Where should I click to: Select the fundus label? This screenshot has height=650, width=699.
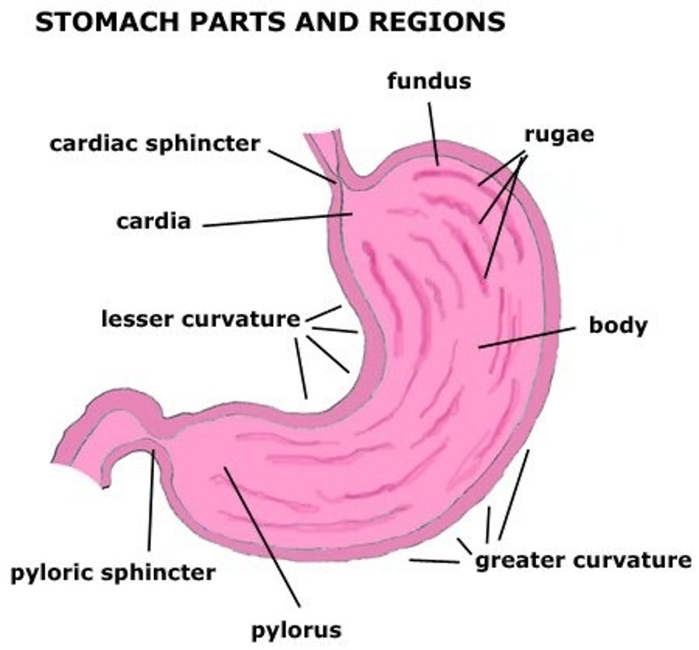click(429, 81)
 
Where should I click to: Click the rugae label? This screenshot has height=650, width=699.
click(558, 134)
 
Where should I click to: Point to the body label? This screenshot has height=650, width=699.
click(618, 326)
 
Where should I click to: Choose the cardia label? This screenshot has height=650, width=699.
click(154, 221)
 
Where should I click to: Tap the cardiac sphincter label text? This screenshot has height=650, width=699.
click(155, 144)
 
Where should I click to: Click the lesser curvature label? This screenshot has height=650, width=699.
click(200, 318)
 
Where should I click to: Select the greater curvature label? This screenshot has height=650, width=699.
click(583, 560)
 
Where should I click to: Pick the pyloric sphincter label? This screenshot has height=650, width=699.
click(113, 572)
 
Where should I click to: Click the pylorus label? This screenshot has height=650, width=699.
click(296, 629)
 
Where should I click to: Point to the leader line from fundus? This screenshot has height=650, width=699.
click(433, 133)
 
